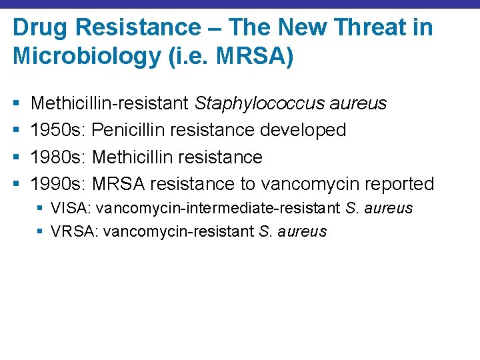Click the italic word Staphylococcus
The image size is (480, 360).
259,103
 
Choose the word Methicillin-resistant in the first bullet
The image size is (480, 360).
110,103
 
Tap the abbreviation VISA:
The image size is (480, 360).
71,208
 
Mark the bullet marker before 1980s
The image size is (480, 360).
15,157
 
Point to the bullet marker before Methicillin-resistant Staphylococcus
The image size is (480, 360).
15,103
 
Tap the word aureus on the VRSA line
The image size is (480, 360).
303,231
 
